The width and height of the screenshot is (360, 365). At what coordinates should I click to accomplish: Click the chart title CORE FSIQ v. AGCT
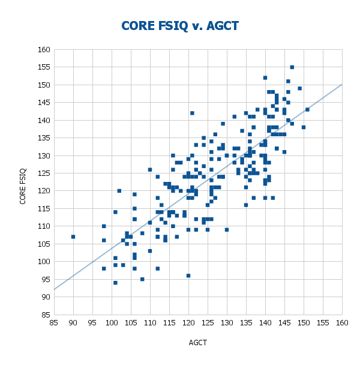(180, 26)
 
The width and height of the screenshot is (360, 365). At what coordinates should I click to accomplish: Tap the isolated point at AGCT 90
(73, 237)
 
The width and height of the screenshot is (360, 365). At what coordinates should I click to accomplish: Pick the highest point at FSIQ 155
(292, 67)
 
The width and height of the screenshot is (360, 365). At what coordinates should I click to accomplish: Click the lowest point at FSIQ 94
(115, 283)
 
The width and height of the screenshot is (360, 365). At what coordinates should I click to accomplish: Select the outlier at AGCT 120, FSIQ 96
(188, 276)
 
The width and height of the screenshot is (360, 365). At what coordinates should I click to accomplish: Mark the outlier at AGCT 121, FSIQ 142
(192, 113)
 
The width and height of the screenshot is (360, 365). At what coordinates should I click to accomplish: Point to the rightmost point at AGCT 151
(307, 109)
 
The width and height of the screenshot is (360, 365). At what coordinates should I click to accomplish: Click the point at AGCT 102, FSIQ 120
(119, 191)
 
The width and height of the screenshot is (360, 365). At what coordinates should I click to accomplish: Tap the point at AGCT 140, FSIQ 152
(265, 77)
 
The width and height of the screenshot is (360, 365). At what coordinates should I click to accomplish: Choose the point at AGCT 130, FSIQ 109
(227, 230)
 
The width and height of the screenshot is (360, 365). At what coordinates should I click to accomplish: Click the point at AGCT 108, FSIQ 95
(142, 279)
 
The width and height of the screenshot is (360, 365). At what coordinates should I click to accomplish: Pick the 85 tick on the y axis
(45, 315)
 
